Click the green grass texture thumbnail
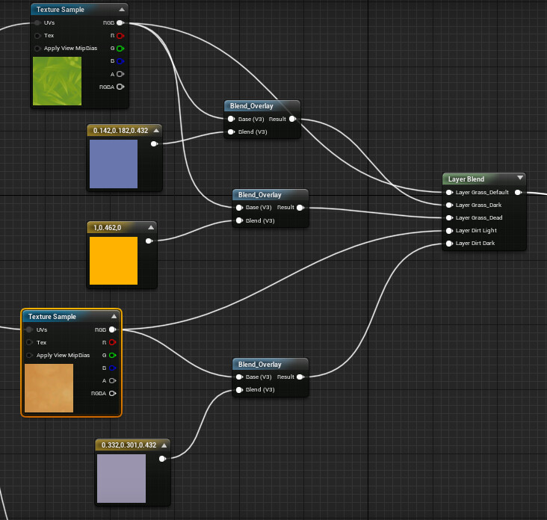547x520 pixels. (x=57, y=80)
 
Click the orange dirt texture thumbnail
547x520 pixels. (x=49, y=388)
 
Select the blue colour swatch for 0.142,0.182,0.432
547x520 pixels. (x=114, y=164)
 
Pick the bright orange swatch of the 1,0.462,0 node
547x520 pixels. (x=114, y=261)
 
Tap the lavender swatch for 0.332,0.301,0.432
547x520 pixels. (x=121, y=478)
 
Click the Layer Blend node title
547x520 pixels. (x=466, y=179)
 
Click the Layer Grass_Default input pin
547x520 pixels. (x=449, y=192)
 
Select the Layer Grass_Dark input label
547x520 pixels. (x=478, y=205)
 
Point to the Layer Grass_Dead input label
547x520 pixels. (x=479, y=217)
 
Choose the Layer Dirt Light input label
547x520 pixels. (x=476, y=230)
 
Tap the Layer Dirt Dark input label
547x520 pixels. (x=475, y=243)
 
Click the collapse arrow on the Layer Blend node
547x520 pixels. (x=519, y=179)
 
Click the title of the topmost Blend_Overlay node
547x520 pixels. (x=251, y=106)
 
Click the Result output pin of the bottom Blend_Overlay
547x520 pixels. (x=300, y=377)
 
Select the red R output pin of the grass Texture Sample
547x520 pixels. (x=120, y=35)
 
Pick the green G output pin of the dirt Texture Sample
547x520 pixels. (x=112, y=355)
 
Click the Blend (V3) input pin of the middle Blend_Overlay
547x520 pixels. (x=239, y=220)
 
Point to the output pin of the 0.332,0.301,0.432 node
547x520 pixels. (x=162, y=459)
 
